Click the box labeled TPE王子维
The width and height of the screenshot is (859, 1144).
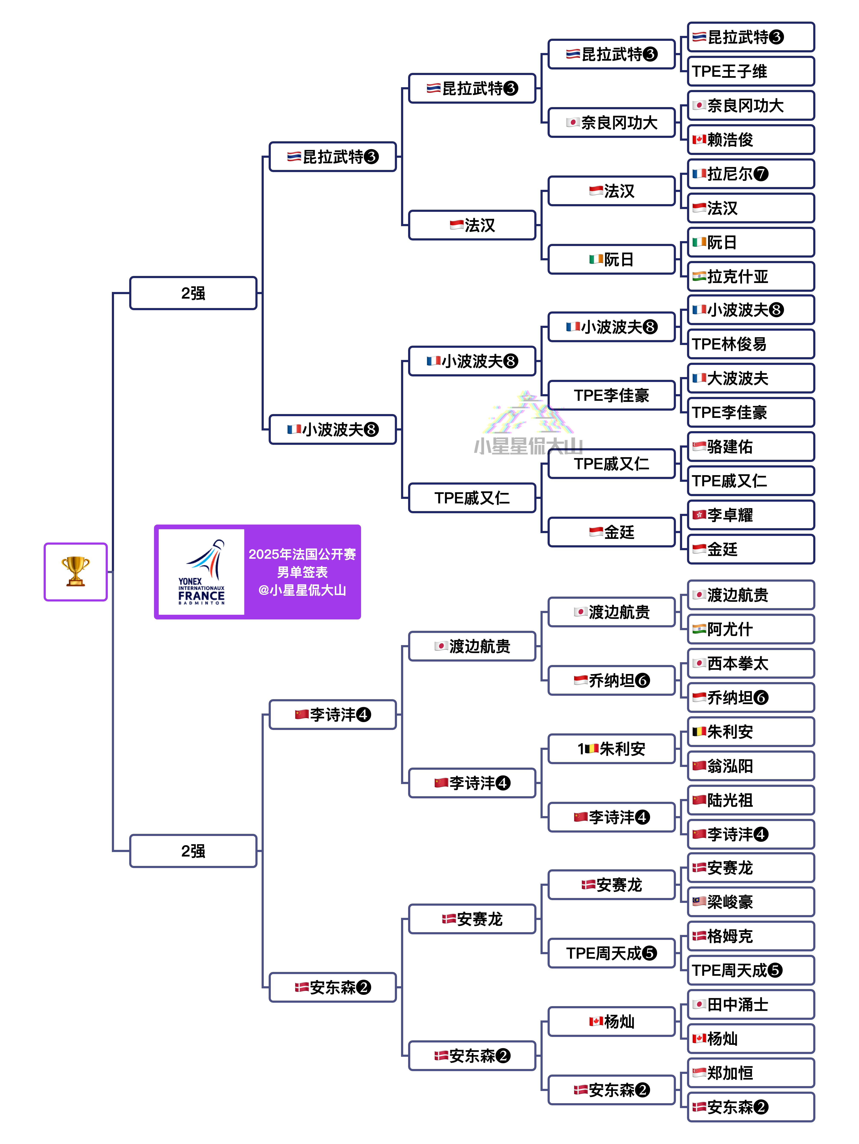click(x=751, y=71)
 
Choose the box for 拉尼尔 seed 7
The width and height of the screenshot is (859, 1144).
click(x=751, y=174)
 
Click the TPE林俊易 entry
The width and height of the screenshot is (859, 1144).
click(x=751, y=344)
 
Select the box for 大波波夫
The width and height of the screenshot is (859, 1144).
click(x=751, y=378)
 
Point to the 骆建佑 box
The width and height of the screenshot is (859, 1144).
click(x=751, y=446)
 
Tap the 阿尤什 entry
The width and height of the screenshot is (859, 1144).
click(x=751, y=629)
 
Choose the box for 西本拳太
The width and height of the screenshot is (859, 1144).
click(x=751, y=663)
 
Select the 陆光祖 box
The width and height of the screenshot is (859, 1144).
click(x=751, y=800)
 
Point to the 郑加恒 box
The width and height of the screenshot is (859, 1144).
click(x=751, y=1073)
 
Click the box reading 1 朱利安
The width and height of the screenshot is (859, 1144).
click(x=612, y=748)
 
